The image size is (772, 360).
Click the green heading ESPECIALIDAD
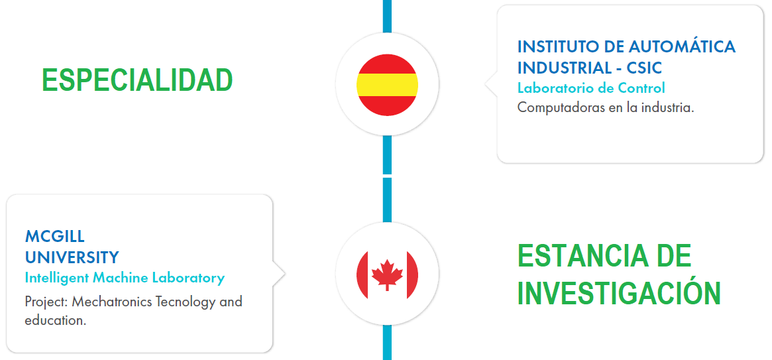click(137, 80)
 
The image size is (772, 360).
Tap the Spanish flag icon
click(387, 85)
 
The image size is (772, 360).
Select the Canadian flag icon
click(387, 274)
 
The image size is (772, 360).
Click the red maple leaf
click(387, 274)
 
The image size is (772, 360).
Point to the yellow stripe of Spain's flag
click(387, 85)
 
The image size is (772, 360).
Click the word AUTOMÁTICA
click(683, 47)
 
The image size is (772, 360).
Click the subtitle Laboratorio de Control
click(591, 88)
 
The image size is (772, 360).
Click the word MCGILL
click(54, 237)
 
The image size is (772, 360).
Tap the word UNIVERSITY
click(72, 257)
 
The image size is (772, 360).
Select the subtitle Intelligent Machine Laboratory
click(125, 278)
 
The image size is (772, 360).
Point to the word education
click(56, 321)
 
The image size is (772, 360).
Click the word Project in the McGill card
click(46, 302)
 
